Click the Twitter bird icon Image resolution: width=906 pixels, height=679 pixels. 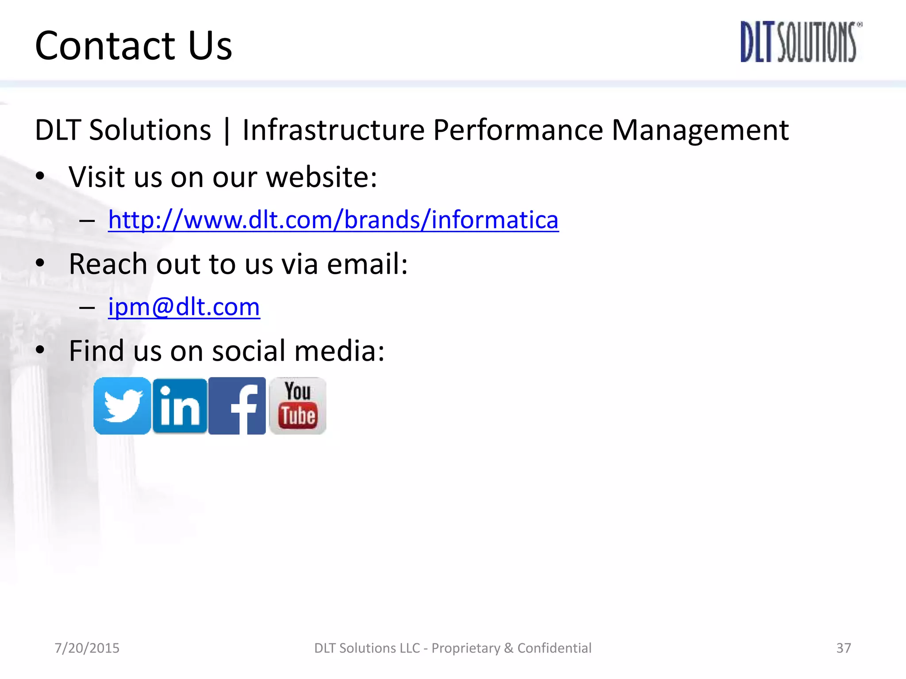(122, 406)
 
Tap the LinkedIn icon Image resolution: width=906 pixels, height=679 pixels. (180, 406)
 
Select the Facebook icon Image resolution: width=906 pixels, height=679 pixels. (237, 406)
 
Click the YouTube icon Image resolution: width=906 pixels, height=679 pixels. (298, 406)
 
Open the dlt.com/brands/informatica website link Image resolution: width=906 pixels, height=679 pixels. (333, 220)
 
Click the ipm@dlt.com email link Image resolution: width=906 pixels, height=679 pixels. (184, 307)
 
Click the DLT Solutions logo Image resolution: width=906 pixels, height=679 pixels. (801, 42)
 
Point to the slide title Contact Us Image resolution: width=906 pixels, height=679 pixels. (133, 46)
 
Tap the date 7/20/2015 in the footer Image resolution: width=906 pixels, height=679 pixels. (87, 648)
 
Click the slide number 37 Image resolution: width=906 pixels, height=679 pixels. (843, 648)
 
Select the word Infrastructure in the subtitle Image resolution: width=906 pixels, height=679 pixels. (334, 130)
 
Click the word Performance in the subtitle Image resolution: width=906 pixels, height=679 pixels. (518, 130)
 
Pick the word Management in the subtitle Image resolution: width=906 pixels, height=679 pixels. (700, 130)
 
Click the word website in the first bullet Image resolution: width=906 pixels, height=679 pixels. (322, 177)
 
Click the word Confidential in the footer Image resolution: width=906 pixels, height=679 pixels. (554, 648)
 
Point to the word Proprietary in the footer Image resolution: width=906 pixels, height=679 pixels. (466, 648)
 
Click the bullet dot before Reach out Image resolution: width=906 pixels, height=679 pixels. (40, 263)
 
